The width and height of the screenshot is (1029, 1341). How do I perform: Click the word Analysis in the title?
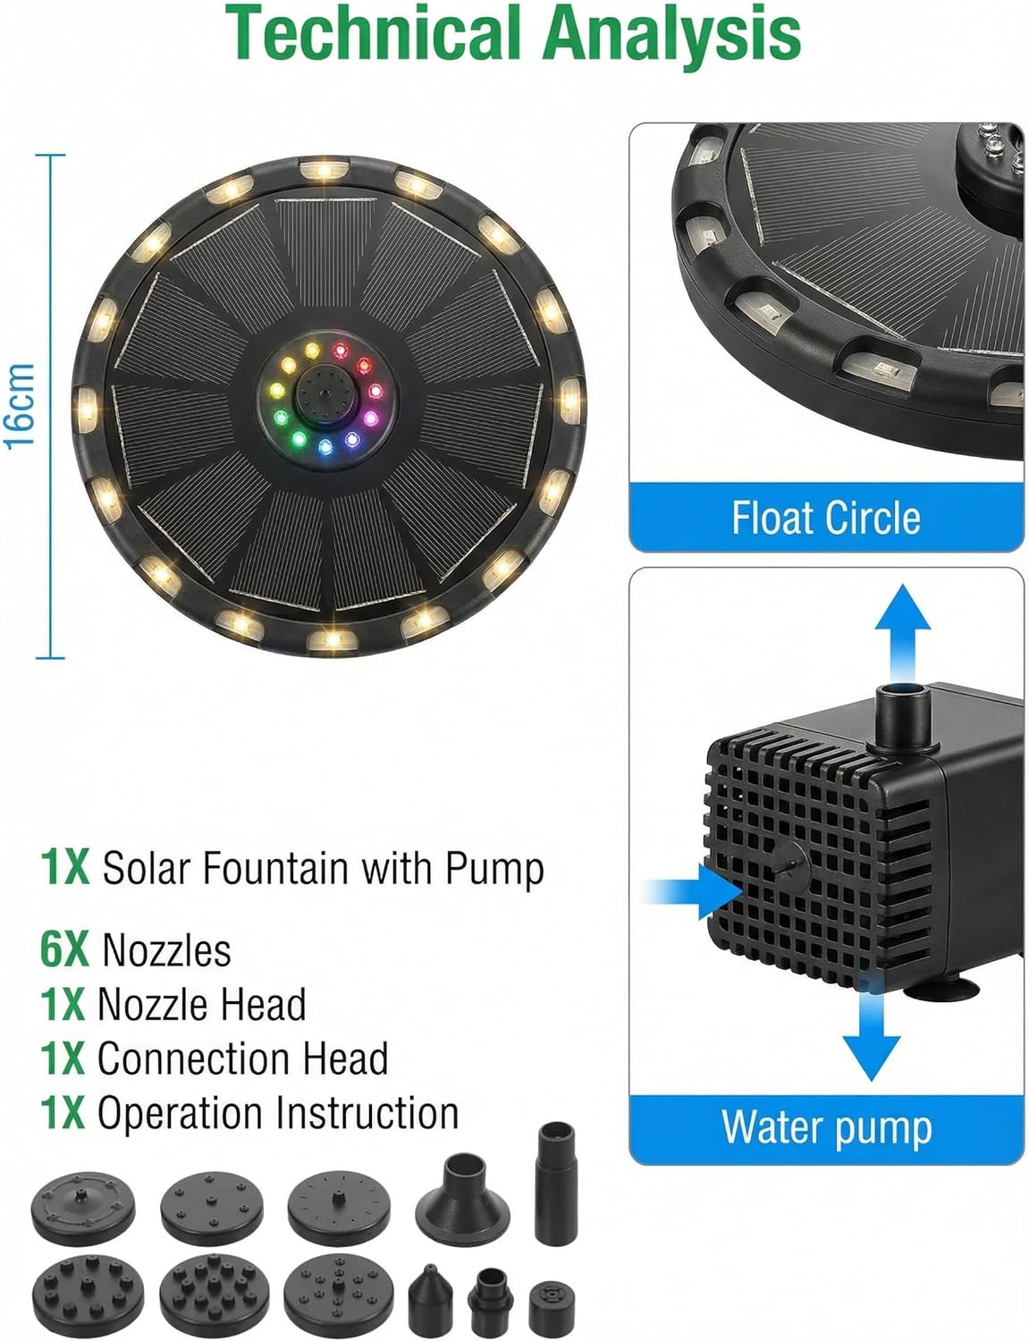point(671,34)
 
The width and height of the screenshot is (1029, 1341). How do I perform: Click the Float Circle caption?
point(825,519)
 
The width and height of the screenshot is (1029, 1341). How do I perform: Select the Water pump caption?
point(826,1127)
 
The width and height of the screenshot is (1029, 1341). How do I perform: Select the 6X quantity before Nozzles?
point(64,949)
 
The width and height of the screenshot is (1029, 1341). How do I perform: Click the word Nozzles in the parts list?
point(166,950)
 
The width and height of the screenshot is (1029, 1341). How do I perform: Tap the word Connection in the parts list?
point(191,1059)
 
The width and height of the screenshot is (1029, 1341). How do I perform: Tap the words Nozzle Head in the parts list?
point(201,1005)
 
